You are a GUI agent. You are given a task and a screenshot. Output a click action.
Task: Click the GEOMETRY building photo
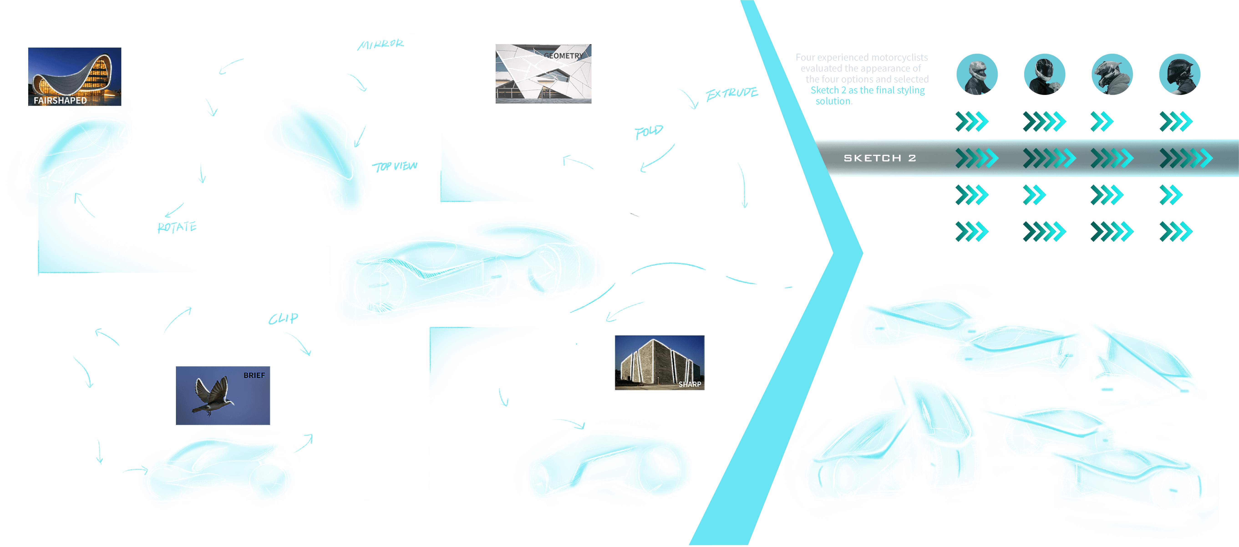(x=543, y=73)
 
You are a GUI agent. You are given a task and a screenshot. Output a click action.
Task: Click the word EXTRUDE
(x=731, y=93)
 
